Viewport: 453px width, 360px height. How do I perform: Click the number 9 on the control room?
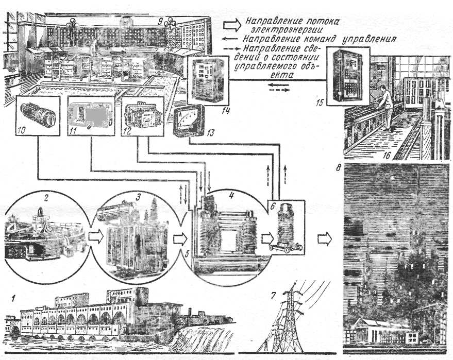point(160,22)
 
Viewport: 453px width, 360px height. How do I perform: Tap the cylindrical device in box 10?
point(35,114)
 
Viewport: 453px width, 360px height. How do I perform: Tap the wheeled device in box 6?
point(287,230)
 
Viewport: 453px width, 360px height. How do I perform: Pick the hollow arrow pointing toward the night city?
point(325,238)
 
